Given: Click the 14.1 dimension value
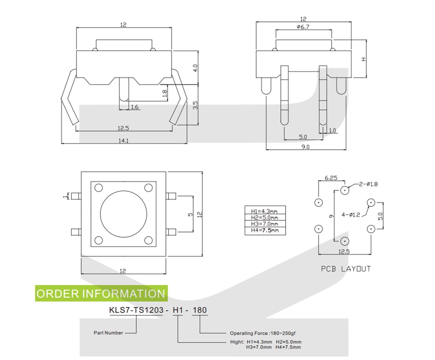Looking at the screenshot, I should click(124, 141).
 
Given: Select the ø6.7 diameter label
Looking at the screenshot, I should click(303, 27).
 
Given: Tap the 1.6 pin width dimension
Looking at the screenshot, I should click(135, 107).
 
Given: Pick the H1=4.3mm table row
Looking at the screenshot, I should click(265, 211).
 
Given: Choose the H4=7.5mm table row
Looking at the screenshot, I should click(265, 230).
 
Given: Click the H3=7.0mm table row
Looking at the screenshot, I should click(265, 224).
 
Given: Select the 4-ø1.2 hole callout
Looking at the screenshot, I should click(351, 215).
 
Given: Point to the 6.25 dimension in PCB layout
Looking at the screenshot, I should click(331, 178).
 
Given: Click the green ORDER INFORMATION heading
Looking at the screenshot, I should click(101, 293).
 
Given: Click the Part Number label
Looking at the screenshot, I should click(108, 332).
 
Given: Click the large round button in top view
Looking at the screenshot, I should click(123, 214).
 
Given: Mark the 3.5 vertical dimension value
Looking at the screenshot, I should click(195, 105).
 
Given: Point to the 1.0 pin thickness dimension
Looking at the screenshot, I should click(332, 130).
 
